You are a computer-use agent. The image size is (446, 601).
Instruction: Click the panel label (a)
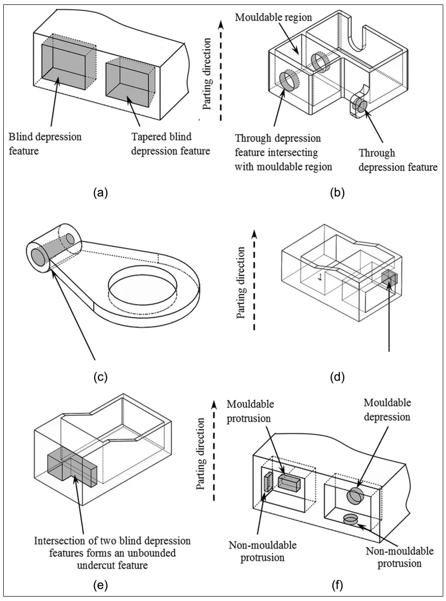click(x=99, y=192)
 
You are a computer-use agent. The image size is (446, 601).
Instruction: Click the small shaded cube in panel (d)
click(x=389, y=279)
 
